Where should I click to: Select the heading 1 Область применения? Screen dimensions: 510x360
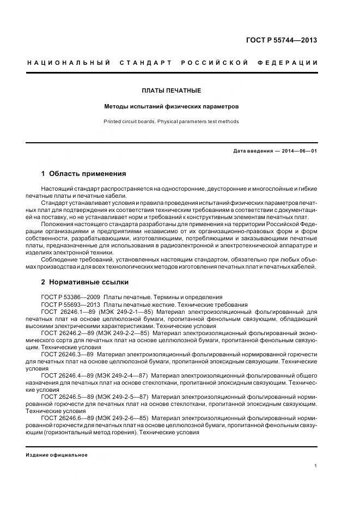83,174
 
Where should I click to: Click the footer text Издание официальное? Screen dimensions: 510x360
57,455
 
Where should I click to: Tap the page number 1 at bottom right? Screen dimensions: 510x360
316,466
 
